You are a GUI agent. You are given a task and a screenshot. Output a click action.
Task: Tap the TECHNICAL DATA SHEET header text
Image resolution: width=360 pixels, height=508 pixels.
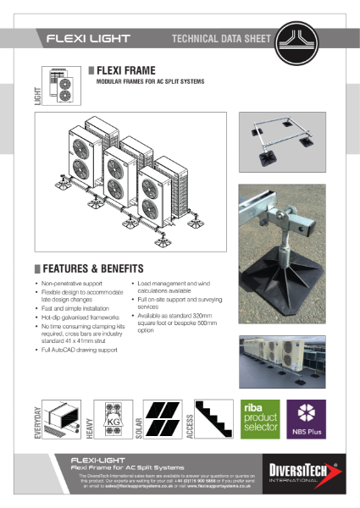[222, 38]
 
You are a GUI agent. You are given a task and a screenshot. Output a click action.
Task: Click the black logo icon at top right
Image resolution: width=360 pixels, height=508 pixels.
[298, 37]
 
